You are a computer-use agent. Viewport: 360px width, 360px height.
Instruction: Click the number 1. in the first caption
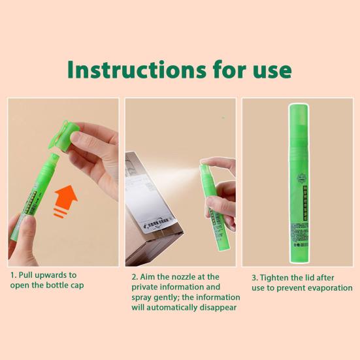point(13,275)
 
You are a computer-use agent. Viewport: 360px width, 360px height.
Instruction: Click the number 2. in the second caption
point(135,276)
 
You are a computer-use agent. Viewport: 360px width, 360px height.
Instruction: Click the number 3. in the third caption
point(255,277)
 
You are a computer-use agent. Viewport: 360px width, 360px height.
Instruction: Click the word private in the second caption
point(145,287)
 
